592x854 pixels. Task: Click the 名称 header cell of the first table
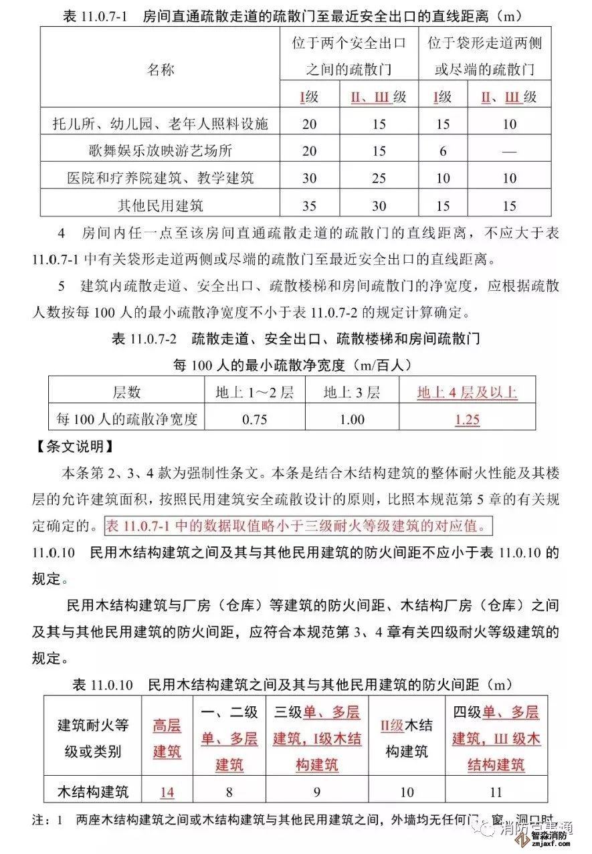(x=161, y=69)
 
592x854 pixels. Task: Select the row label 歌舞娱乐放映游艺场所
(x=161, y=151)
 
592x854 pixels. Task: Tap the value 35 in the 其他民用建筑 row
(x=309, y=205)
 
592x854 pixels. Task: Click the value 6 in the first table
(x=443, y=151)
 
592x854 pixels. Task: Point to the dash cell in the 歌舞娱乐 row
(x=509, y=151)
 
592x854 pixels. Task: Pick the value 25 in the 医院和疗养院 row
(x=379, y=179)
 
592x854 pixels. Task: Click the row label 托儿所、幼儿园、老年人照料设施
(x=161, y=124)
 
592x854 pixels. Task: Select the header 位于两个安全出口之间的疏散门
(x=349, y=56)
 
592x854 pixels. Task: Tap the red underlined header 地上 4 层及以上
(x=467, y=393)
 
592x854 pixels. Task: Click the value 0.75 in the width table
(x=254, y=420)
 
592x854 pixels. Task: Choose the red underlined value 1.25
(x=467, y=420)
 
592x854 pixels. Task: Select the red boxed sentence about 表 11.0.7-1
(x=298, y=526)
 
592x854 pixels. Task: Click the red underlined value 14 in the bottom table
(x=167, y=793)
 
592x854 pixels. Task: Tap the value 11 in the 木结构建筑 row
(x=496, y=793)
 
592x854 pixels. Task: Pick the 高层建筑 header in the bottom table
(x=167, y=738)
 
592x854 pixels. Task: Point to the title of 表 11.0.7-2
(x=296, y=339)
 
